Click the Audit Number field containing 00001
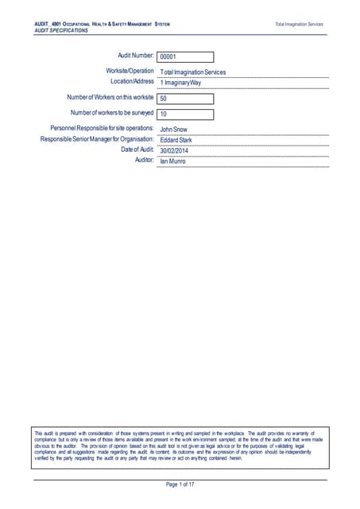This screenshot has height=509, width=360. coord(185,57)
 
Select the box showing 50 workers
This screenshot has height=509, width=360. coord(185,99)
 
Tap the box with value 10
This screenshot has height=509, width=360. coord(185,114)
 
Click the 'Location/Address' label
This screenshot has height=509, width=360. coord(132,81)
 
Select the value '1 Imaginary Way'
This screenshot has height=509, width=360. coord(180,83)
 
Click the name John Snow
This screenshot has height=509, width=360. coord(176,128)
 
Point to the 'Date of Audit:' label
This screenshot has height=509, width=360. coord(137,150)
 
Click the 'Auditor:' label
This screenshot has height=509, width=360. coord(142,160)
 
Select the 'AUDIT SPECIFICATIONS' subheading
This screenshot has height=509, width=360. coord(61,30)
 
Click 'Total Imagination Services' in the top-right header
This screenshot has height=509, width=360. coord(299,25)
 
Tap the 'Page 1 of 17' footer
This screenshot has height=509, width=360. coord(180,485)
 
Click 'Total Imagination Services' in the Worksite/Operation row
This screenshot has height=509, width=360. coord(193,72)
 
